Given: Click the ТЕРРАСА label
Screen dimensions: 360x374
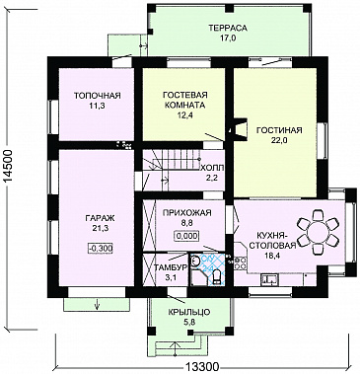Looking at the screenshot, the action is click(227, 28).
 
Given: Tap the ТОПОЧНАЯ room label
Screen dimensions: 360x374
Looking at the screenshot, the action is click(97, 96).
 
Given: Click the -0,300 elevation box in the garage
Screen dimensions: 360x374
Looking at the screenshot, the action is click(101, 249).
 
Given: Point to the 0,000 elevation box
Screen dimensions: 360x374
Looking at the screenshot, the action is click(186, 236).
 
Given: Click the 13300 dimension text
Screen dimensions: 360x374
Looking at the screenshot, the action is click(201, 366).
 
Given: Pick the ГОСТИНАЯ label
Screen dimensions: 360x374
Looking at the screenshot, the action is click(279, 130).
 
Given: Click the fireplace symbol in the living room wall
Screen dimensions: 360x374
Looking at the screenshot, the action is click(238, 129).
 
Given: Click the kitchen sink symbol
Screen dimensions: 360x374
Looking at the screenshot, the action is click(269, 279).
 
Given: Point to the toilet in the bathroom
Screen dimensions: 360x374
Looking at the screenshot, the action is click(217, 276).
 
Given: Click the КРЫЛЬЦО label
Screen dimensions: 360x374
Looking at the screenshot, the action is click(189, 312).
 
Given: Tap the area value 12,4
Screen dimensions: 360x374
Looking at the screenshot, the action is click(183, 115).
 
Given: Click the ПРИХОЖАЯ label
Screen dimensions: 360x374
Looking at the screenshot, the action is click(186, 213).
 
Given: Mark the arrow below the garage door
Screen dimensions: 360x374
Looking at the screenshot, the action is click(98, 303).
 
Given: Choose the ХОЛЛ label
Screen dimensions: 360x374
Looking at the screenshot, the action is click(212, 168).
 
